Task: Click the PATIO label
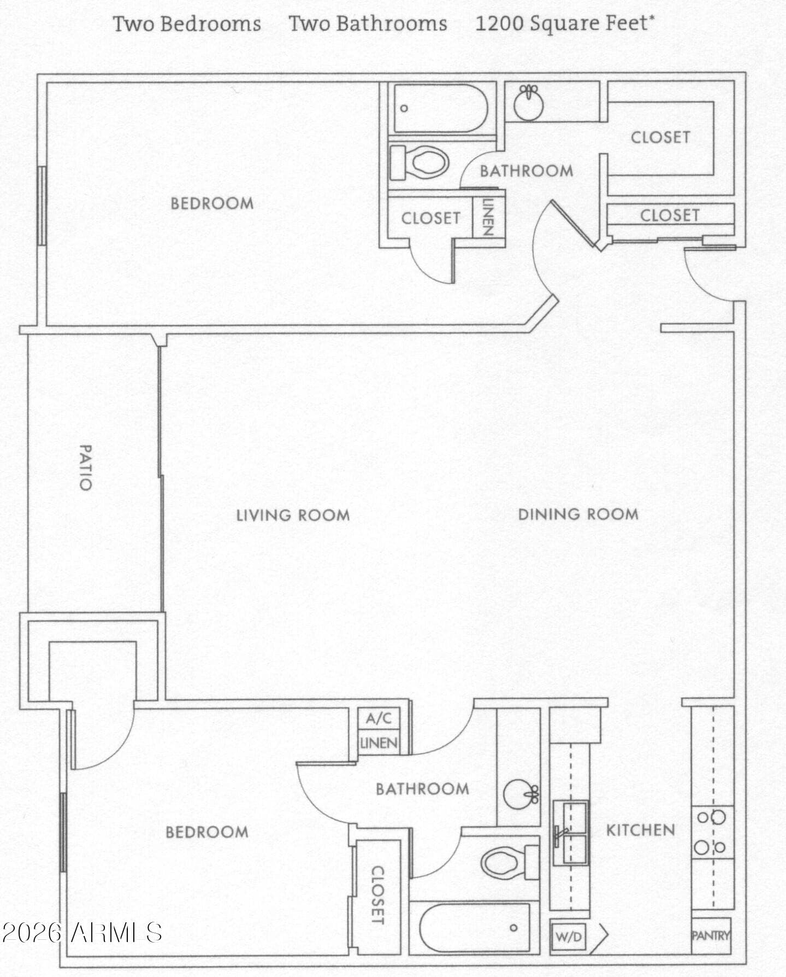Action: [86, 467]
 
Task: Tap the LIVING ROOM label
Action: [293, 515]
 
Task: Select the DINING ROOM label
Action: [578, 514]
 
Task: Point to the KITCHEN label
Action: [640, 830]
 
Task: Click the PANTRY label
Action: [711, 935]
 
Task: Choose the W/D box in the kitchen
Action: [569, 937]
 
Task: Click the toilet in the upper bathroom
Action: [419, 162]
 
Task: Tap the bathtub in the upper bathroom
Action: [440, 108]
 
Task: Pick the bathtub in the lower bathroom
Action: [474, 928]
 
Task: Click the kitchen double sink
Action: [571, 833]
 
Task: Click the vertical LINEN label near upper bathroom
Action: [488, 217]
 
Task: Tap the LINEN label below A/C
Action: [379, 743]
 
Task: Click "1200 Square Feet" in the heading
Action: [565, 24]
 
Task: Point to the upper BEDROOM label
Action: [212, 203]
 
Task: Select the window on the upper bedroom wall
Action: [42, 206]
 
